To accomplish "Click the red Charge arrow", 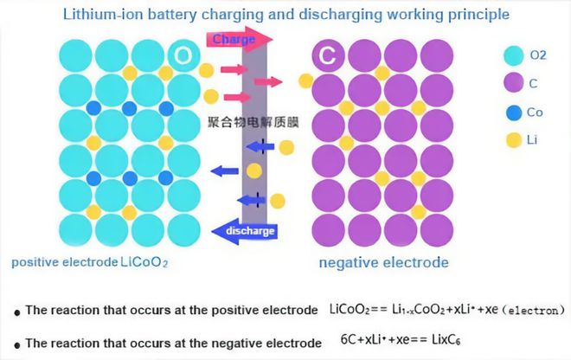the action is [240, 39].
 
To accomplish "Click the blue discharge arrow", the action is [245, 231].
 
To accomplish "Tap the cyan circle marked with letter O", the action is [184, 55].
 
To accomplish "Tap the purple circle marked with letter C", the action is [328, 55].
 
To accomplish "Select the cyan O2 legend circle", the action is [514, 55].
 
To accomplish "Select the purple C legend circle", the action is [514, 82].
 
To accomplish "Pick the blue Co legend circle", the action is [514, 112].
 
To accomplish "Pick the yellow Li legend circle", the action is [514, 140].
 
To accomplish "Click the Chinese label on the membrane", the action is [253, 122].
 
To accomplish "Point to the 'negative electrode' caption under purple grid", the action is [384, 262].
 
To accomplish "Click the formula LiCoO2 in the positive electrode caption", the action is [144, 262].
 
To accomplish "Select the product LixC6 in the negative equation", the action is [446, 339].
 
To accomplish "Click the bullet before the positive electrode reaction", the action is [17, 312].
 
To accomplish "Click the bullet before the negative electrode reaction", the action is [17, 345].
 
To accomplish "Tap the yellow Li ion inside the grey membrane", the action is [254, 170].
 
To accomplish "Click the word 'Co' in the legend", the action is [535, 112].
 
